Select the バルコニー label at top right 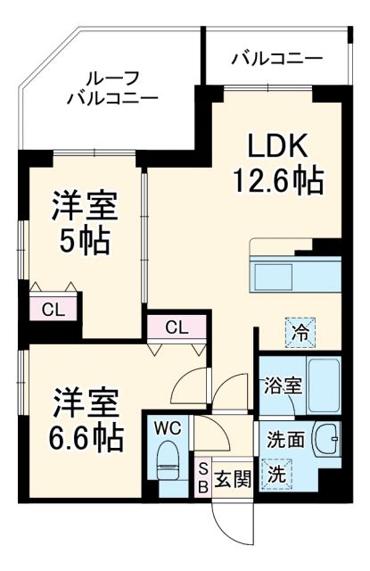pyautogui.click(x=276, y=60)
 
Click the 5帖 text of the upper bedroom pyautogui.click(x=82, y=240)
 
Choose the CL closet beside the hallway pyautogui.click(x=177, y=327)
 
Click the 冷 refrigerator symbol pyautogui.click(x=300, y=332)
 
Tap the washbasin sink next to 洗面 pyautogui.click(x=328, y=439)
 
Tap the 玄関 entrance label pyautogui.click(x=233, y=476)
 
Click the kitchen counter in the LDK pyautogui.click(x=293, y=271)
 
